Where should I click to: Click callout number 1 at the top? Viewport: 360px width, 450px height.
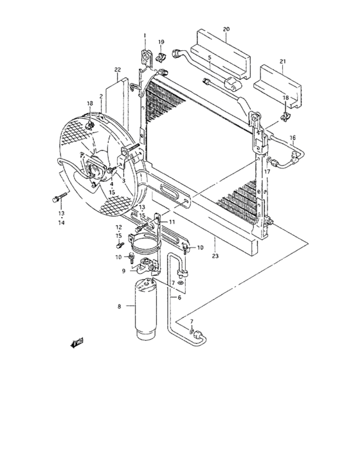tap(145, 35)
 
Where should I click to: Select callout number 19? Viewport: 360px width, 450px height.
tap(161, 42)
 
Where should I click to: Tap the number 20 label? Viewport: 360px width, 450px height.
tap(226, 29)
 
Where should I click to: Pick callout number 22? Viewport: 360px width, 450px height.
tap(117, 69)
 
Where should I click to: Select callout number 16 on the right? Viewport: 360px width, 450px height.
tap(292, 138)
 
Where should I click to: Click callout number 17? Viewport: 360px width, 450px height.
tap(267, 172)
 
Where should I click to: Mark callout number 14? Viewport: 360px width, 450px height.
tap(62, 222)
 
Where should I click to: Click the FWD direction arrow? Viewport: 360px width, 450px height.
tap(78, 344)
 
